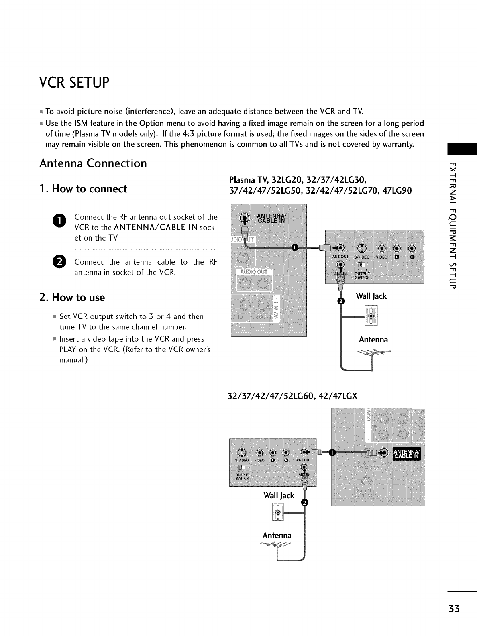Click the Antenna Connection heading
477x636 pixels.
point(93,163)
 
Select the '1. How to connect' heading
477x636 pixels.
point(83,189)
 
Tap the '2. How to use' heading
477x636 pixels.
point(72,298)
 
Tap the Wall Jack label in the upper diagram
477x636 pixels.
point(371,296)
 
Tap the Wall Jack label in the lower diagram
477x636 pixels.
point(279,495)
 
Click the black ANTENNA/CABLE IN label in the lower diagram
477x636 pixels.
point(406,453)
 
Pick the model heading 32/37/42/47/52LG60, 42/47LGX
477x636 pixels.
point(292,396)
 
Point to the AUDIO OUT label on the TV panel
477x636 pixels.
point(253,272)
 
